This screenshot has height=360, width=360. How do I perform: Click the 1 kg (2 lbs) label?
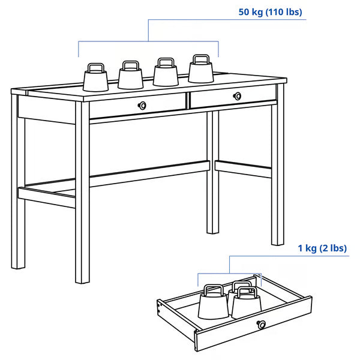pos(322,248)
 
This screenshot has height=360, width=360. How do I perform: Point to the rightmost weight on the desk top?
pos(201,70)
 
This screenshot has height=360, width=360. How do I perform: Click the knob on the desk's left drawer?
pos(142,106)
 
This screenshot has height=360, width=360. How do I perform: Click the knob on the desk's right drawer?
pos(238,95)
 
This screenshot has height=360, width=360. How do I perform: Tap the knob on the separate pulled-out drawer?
pos(261,325)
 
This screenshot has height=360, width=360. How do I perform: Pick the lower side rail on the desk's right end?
pos(243,169)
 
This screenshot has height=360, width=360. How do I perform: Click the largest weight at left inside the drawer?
pos(213,304)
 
